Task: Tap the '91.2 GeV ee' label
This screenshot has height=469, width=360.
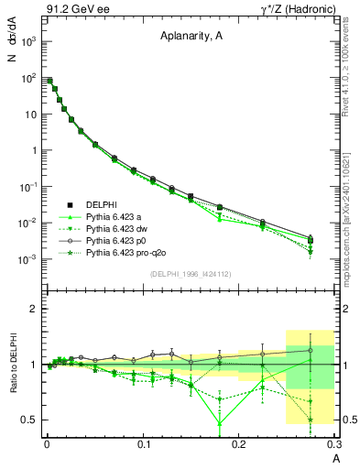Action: [x=71, y=9]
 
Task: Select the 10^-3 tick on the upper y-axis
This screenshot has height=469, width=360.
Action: [x=27, y=259]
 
